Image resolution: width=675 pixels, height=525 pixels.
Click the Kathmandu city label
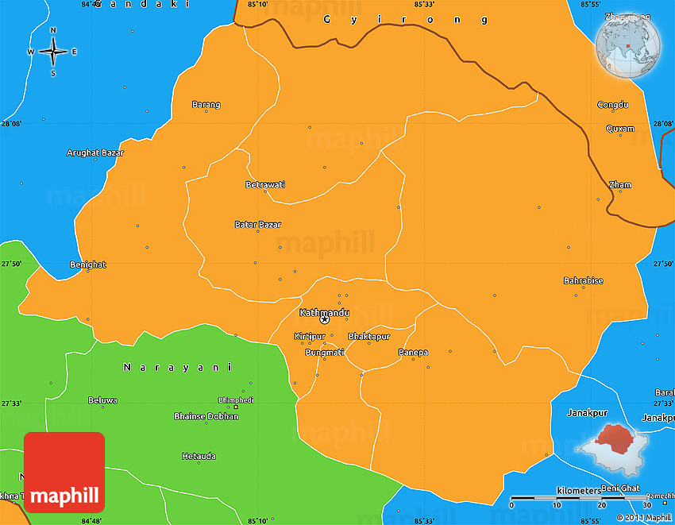point(324,313)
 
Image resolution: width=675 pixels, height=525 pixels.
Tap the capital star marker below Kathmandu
point(324,321)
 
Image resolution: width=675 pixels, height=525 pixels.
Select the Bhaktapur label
point(369,337)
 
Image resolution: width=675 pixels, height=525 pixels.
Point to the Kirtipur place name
point(310,337)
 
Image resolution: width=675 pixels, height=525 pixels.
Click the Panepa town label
point(413,352)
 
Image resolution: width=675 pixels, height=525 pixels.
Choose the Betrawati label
point(265,184)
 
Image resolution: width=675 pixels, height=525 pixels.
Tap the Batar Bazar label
point(257,225)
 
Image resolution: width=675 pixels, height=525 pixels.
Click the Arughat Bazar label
point(90,152)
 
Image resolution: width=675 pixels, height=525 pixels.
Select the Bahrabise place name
point(583,280)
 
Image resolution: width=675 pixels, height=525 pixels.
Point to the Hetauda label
point(199,457)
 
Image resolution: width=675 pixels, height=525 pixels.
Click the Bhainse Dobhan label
point(206,416)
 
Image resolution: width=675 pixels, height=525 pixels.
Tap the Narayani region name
point(177,367)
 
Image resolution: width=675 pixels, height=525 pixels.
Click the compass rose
point(53,52)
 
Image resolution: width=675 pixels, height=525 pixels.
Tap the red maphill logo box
point(64,472)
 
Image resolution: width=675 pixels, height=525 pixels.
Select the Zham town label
point(619,185)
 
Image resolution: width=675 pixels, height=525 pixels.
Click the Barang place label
point(206,105)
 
